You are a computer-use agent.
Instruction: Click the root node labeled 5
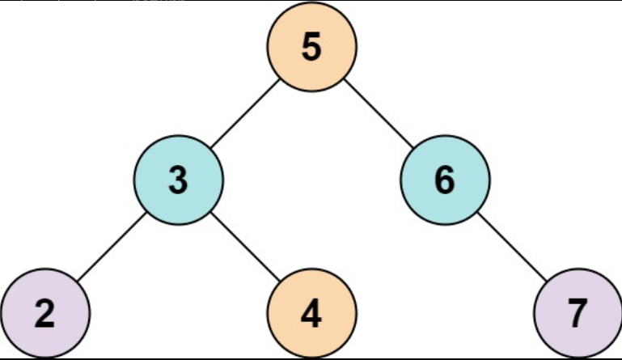311,47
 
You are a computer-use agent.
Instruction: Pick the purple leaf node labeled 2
44,313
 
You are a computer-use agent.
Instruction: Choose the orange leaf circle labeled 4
311,313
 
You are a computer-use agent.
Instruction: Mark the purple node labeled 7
577,313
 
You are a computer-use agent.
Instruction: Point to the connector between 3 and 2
112,247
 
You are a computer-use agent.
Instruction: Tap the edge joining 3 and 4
245,247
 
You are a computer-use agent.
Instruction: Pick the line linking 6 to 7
510,247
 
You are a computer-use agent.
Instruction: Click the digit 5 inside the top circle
311,47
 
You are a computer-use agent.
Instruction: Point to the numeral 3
179,180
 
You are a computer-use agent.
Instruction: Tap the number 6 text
444,180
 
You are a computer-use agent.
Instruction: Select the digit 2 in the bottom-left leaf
44,314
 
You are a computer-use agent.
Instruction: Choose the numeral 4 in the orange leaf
311,314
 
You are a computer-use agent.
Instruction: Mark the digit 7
577,314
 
